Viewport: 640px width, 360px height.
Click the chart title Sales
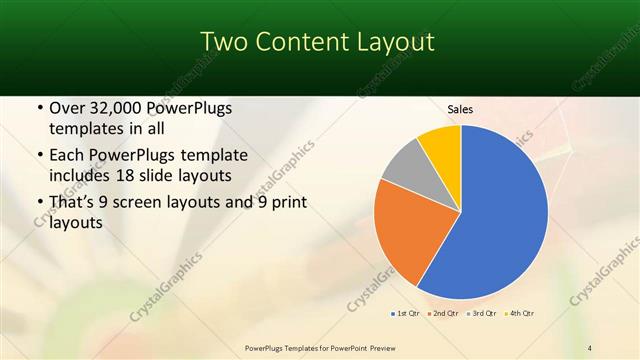[460, 109]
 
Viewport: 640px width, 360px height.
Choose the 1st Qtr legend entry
[405, 314]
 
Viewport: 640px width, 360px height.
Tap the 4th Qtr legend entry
[518, 314]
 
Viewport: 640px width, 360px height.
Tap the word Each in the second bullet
[67, 156]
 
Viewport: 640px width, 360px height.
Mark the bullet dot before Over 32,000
[39, 108]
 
